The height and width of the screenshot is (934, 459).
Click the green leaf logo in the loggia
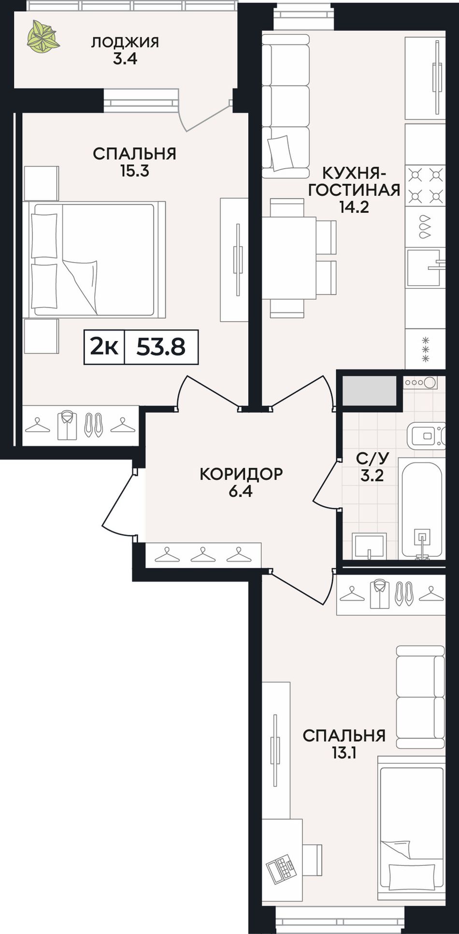[43, 37]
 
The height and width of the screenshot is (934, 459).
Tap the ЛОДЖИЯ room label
[125, 42]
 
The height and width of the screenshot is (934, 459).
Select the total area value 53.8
[161, 347]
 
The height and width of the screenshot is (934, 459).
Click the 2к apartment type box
[104, 347]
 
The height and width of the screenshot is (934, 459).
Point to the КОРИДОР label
[241, 474]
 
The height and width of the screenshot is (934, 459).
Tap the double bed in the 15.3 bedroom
[94, 260]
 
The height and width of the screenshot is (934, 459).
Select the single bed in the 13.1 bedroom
[411, 828]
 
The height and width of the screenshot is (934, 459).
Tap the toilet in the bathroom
[426, 434]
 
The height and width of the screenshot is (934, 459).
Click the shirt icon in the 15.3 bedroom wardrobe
[67, 425]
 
